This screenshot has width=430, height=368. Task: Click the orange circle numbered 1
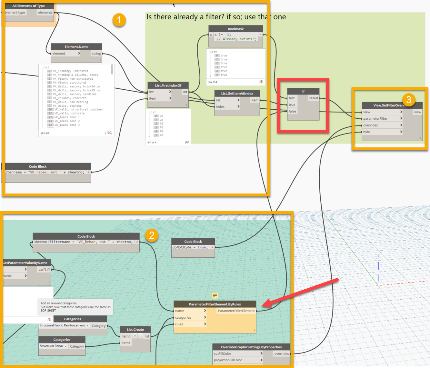(x=119, y=20)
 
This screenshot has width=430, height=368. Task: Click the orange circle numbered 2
(x=152, y=235)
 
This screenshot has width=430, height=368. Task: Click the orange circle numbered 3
(x=409, y=99)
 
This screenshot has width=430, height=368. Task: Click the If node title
(x=303, y=91)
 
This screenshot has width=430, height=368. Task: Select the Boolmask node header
(x=235, y=29)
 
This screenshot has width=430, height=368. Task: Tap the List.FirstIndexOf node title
(x=168, y=85)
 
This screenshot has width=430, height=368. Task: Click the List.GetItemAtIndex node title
(x=237, y=94)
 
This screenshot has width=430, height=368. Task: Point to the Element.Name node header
(x=76, y=47)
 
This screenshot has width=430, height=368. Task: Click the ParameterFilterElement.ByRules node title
(x=215, y=304)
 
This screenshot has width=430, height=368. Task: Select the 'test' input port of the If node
(x=292, y=98)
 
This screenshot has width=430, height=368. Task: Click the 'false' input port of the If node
(x=292, y=111)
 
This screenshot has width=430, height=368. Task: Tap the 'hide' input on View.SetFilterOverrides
(x=367, y=132)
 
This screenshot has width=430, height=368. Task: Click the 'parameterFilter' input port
(x=375, y=119)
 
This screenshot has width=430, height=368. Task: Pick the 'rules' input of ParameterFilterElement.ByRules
(x=179, y=324)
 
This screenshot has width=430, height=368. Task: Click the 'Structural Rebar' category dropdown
(x=53, y=346)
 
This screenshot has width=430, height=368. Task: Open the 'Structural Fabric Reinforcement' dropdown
(x=64, y=325)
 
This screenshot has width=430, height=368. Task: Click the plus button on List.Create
(x=135, y=336)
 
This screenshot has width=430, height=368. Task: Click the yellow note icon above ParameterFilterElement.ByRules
(x=215, y=295)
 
